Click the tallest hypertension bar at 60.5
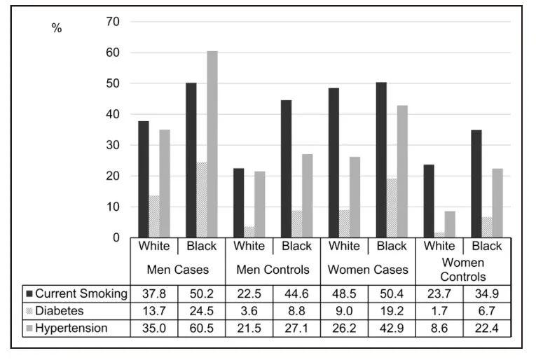(x=212, y=144)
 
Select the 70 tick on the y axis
(x=113, y=22)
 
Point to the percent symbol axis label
(x=57, y=28)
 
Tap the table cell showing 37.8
(x=154, y=293)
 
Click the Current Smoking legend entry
(x=77, y=293)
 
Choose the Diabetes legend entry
(x=55, y=311)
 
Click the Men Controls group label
(x=273, y=270)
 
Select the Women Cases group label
(x=368, y=270)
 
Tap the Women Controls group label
(x=463, y=270)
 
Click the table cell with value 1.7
(x=439, y=311)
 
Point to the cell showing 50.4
(x=392, y=293)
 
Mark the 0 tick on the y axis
(x=116, y=237)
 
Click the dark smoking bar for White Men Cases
(x=144, y=179)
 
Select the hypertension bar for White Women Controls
(x=450, y=224)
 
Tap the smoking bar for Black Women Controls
(x=476, y=184)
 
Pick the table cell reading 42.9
(x=392, y=328)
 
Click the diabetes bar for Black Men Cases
(x=202, y=200)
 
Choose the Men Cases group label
(x=178, y=270)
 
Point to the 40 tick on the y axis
(x=113, y=114)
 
